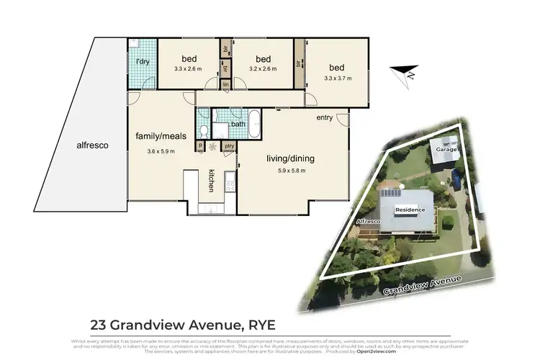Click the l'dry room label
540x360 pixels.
point(143,62)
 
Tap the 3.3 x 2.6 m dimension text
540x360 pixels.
point(188,69)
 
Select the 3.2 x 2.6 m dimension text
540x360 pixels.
point(262,69)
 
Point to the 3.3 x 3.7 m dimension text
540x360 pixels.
point(338,78)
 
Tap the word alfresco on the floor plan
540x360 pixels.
point(92,145)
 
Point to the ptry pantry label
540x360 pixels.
point(230,147)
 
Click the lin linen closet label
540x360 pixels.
point(225,85)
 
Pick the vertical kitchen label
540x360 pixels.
point(212,180)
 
